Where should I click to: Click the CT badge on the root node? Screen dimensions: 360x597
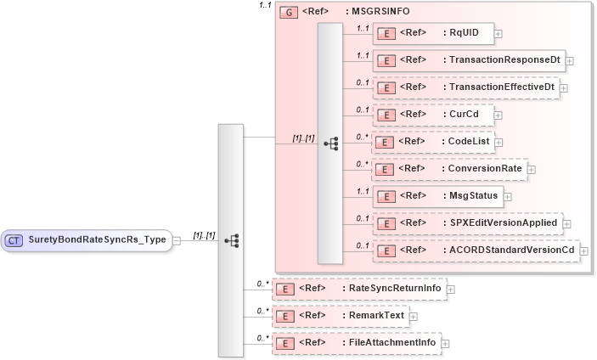point(14,240)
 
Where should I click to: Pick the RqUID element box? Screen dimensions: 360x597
point(432,33)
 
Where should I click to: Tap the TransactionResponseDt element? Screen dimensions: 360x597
point(468,60)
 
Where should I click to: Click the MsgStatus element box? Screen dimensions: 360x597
point(437,195)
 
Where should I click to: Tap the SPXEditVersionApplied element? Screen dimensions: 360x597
point(466,222)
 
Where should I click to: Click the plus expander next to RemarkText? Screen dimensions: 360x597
point(414,317)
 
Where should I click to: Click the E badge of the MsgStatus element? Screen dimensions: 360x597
point(386,196)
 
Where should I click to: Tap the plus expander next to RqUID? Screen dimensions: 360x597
point(498,34)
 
